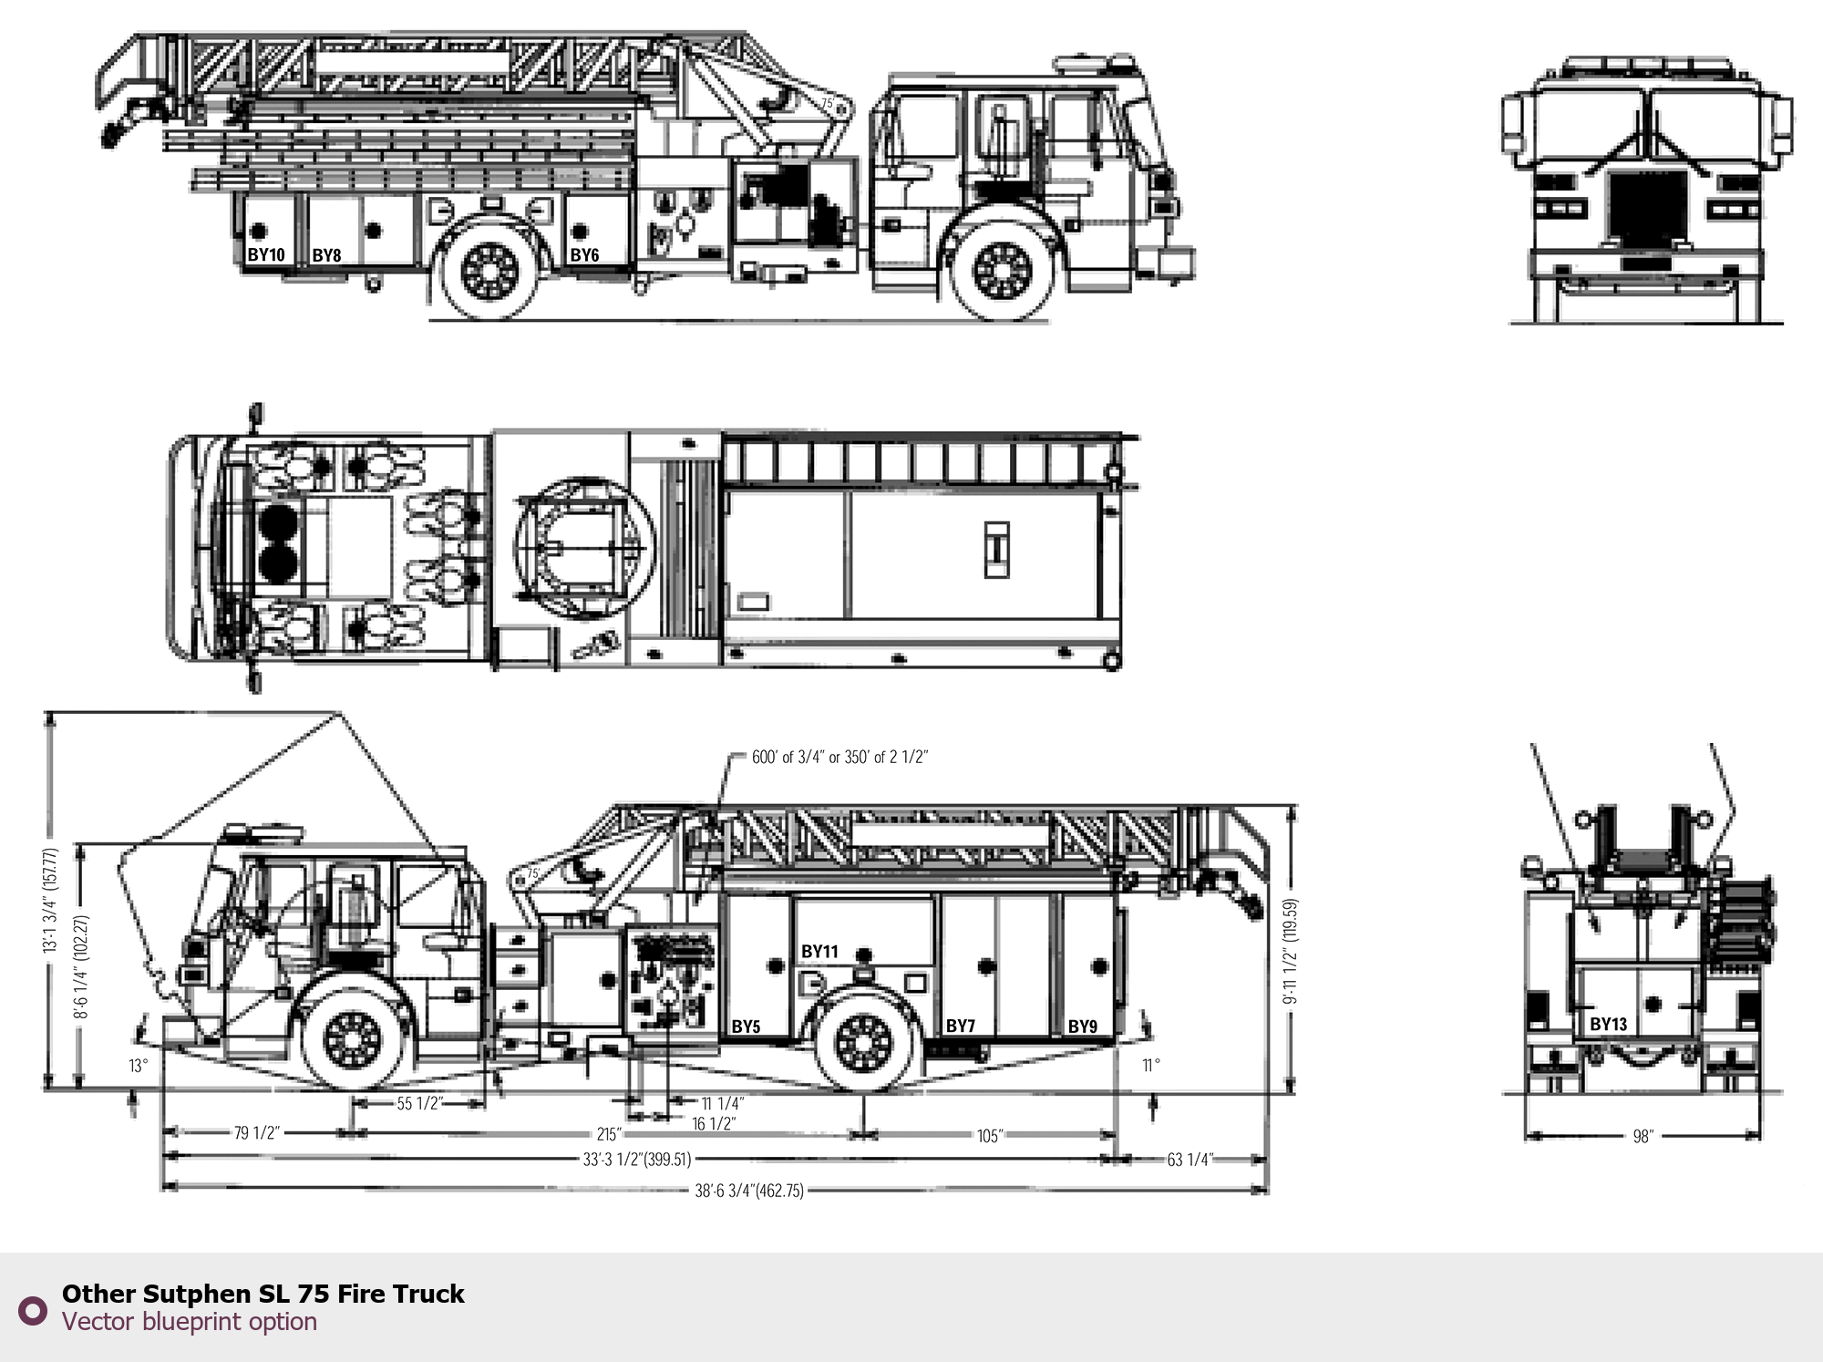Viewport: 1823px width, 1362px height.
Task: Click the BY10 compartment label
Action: (266, 255)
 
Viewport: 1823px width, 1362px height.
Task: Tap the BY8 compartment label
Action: (326, 255)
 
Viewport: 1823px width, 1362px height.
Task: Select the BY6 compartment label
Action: (584, 255)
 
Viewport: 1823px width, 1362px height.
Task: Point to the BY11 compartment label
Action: (819, 952)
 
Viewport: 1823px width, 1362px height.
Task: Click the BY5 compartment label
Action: (746, 1027)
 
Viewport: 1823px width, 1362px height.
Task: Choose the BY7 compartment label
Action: (961, 1026)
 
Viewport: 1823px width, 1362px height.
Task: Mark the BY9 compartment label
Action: (1083, 1027)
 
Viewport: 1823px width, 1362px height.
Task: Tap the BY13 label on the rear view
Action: (1608, 1024)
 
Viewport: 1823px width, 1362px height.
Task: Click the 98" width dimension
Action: (1643, 1137)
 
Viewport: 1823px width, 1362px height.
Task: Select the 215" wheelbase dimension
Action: (609, 1135)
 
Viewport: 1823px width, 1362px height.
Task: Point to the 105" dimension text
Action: (989, 1136)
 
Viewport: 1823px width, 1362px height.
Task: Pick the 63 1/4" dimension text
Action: (1190, 1160)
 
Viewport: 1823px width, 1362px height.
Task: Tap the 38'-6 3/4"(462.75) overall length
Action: (749, 1190)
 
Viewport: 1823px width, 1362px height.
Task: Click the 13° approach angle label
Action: (138, 1066)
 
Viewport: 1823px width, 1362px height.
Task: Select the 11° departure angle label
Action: (1151, 1065)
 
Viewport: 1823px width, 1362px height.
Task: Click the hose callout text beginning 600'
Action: (839, 757)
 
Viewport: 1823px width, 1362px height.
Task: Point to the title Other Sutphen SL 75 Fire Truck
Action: (263, 1294)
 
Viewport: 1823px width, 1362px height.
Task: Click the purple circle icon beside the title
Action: (33, 1311)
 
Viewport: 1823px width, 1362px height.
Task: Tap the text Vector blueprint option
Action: (190, 1322)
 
